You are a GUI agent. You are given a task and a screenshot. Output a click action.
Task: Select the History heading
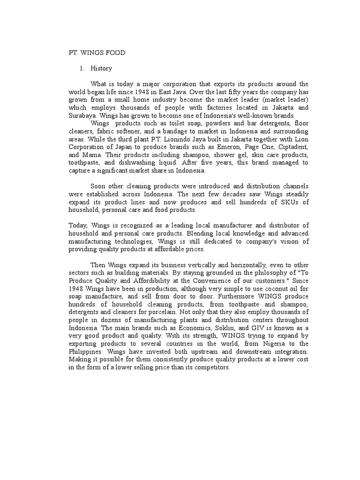pos(101,68)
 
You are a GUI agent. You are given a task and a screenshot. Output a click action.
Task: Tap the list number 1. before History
pos(82,68)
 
